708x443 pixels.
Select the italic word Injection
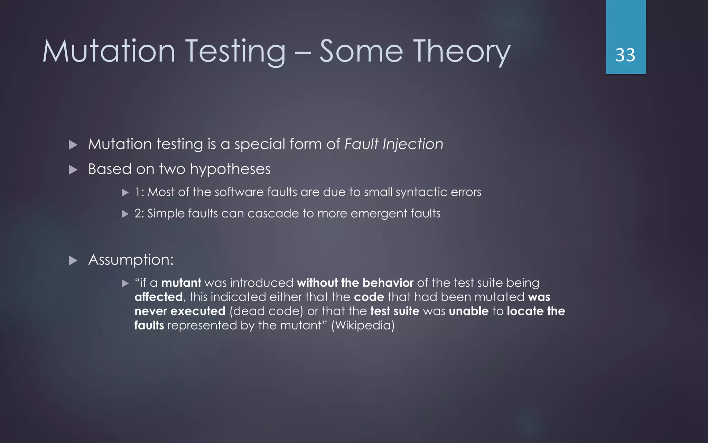(413, 144)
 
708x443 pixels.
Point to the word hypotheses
(230, 169)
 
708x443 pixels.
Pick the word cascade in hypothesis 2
(273, 213)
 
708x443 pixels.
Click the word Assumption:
(131, 260)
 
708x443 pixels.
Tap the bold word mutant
(181, 283)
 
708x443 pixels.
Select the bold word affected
(158, 297)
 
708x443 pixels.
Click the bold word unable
(468, 311)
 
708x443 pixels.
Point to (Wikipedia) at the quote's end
(363, 325)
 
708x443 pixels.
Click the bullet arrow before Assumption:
(73, 260)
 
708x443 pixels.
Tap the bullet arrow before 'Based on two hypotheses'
(73, 170)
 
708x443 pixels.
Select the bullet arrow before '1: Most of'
(125, 193)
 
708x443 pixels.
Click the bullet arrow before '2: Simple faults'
(125, 214)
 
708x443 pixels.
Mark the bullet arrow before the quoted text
(125, 284)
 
